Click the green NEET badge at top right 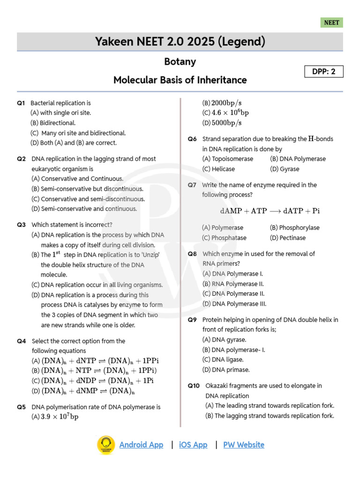[331, 22]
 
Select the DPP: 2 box [324, 71]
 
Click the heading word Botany [180, 61]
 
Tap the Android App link [141, 445]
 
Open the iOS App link [193, 445]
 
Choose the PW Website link [244, 445]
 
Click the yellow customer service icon [106, 445]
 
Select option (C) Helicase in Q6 [218, 169]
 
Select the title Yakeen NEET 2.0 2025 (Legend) [180, 42]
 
